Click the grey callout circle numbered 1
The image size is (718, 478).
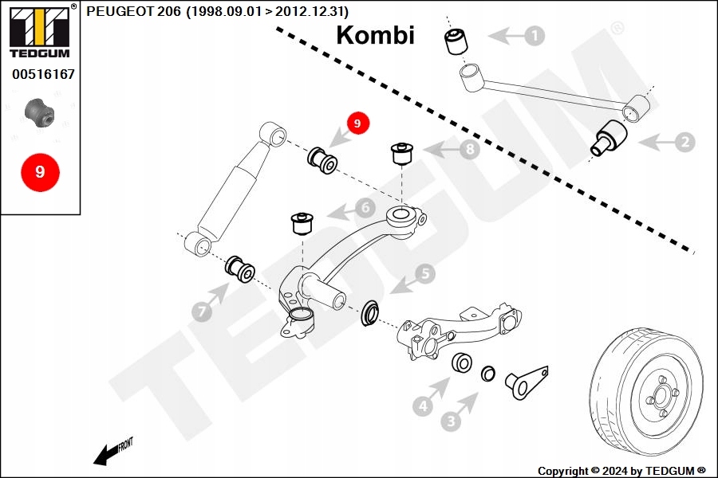coord(534,36)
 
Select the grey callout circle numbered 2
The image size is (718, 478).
coord(684,143)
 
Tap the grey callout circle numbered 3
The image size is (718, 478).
coord(452,421)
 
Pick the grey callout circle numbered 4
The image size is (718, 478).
coord(424,406)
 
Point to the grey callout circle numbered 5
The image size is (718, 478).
coord(424,274)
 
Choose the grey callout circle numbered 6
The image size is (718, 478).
coord(365,208)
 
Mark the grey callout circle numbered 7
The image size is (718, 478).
coord(202,311)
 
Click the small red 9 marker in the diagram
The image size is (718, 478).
coord(357,123)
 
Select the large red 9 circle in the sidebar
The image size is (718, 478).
coord(40,171)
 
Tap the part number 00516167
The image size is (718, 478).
coord(43,74)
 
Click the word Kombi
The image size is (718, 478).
coord(375,35)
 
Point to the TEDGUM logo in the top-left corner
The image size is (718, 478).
coord(38,32)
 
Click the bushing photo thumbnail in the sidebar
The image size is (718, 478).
coord(39,112)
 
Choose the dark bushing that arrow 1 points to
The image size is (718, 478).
coord(456,41)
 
